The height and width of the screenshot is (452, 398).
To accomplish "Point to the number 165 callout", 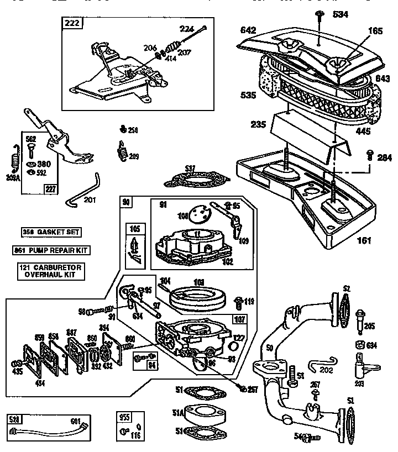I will pos(375,31).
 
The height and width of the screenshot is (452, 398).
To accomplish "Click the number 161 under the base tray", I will pos(364,241).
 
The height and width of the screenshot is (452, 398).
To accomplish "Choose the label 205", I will pos(370,325).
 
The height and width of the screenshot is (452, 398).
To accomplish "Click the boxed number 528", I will pos(14,418).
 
